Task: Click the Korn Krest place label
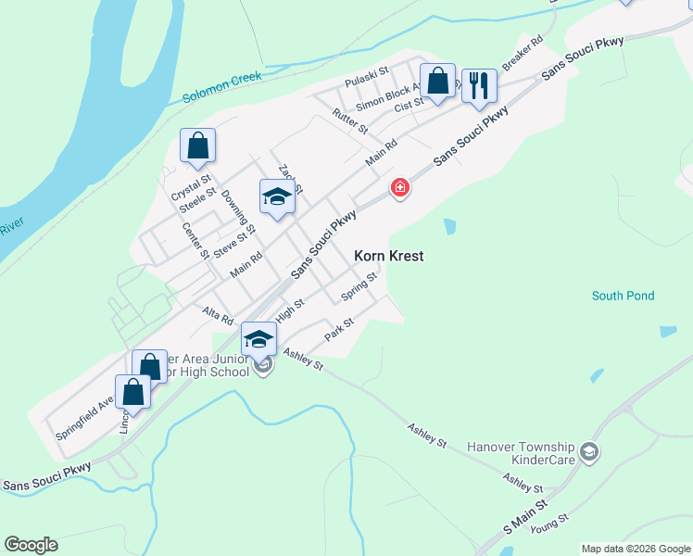click(389, 256)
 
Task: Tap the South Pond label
click(624, 297)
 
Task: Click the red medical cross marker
click(399, 188)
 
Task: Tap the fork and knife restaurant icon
click(479, 86)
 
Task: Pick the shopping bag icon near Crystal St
click(197, 146)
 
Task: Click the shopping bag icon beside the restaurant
click(438, 81)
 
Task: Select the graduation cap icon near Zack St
click(277, 196)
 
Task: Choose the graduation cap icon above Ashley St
click(259, 339)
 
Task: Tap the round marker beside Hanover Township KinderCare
click(589, 452)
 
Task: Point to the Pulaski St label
click(366, 74)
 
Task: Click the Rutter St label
click(350, 120)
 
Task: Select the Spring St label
click(359, 286)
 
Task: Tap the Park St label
click(340, 329)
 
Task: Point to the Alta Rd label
click(218, 315)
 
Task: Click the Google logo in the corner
click(31, 545)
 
